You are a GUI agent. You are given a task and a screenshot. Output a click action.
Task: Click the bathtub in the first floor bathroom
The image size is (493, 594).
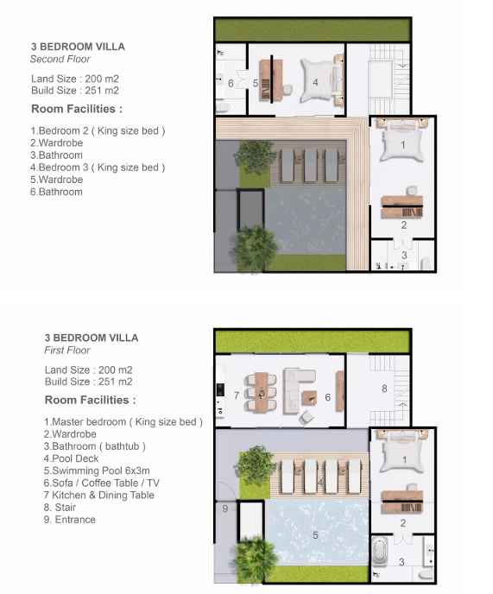pos(379,552)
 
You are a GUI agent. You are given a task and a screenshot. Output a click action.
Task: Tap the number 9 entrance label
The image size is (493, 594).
pos(225,509)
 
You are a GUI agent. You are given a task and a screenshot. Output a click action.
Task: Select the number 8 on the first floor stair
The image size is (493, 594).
pos(384,389)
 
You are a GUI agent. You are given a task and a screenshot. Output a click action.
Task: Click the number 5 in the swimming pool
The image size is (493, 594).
pos(315,535)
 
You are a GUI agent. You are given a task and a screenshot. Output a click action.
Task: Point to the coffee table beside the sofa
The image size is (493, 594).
pos(309,398)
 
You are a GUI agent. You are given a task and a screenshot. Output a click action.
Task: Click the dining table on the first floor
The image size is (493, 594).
pos(261,392)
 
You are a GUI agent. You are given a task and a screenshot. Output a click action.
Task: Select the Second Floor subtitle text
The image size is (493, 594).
pos(60,59)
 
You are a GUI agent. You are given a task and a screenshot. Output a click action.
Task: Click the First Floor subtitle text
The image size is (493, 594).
pos(67,350)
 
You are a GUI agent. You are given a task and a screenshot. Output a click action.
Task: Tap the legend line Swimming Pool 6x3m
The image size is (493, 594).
pos(97,471)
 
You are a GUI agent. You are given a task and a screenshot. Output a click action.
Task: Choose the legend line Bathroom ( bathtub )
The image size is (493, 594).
pos(94,446)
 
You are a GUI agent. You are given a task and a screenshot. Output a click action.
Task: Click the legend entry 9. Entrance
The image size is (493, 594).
pos(69,520)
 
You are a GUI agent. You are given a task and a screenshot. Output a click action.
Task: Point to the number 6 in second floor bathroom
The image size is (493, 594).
pos(231,84)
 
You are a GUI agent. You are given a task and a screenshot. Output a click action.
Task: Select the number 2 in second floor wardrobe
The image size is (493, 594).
pos(404,225)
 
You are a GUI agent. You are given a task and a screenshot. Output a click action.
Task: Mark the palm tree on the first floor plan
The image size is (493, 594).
pos(255,558)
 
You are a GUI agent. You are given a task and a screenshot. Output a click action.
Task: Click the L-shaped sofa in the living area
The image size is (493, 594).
pos(295,390)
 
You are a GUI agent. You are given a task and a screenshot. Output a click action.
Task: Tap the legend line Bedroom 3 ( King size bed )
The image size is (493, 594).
pos(98,167)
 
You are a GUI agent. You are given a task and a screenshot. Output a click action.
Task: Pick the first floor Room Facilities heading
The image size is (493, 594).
pos(90,400)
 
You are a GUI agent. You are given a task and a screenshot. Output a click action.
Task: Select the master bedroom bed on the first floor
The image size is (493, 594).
pos(402,451)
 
